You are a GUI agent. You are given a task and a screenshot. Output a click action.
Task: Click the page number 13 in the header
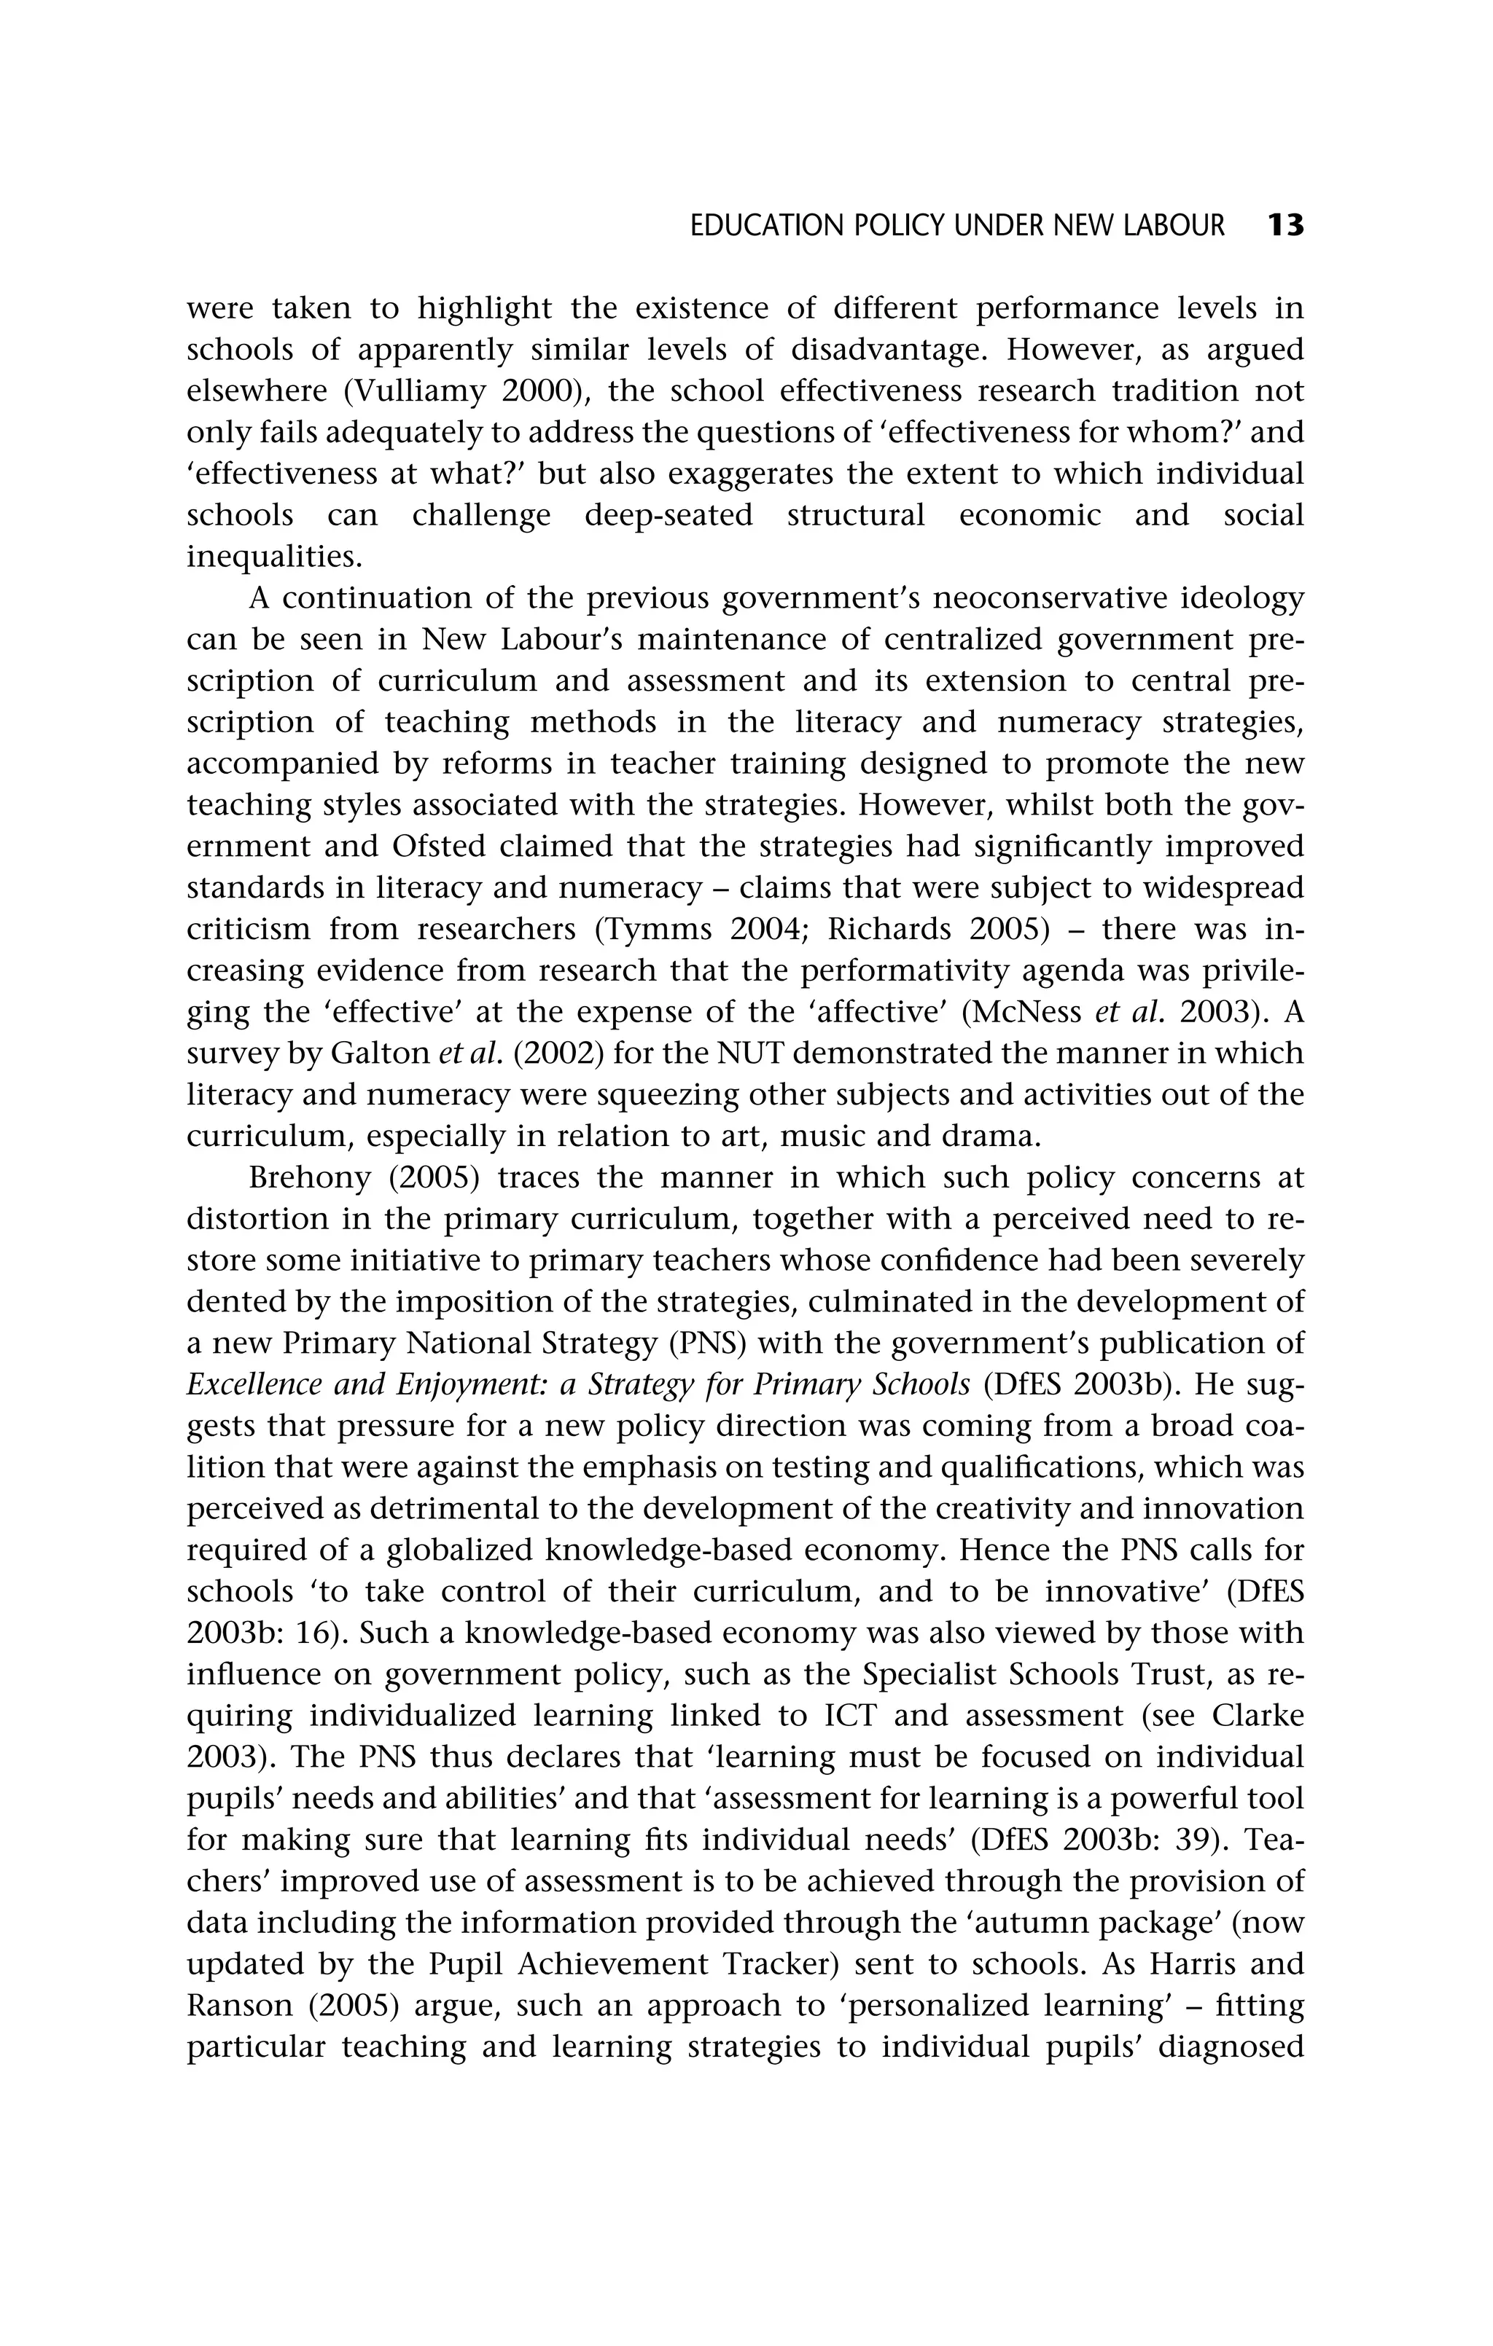point(1285,226)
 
